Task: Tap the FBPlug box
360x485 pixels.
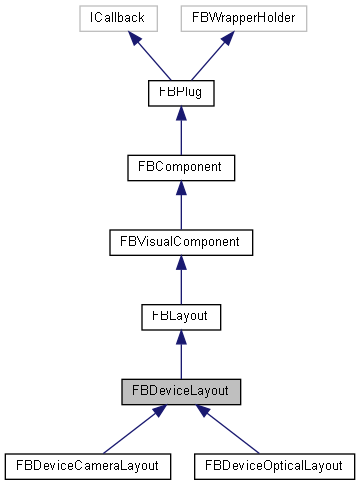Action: point(181,93)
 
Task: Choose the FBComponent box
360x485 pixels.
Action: point(181,167)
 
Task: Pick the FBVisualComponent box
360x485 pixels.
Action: point(181,241)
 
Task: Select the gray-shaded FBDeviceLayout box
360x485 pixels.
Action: point(181,389)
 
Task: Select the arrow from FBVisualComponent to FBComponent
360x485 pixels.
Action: point(181,206)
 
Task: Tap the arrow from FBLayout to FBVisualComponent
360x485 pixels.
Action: point(181,280)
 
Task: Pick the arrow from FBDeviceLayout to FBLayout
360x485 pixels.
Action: point(181,354)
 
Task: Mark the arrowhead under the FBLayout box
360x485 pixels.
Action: point(181,336)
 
